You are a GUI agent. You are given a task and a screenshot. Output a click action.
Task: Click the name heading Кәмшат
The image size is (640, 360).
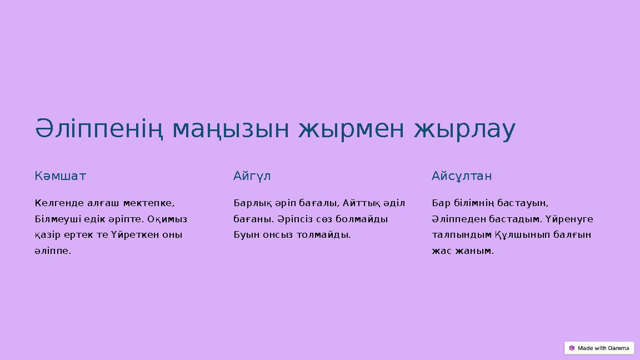[61, 177]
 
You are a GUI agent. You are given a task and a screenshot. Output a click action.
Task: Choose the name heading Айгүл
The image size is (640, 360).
[252, 177]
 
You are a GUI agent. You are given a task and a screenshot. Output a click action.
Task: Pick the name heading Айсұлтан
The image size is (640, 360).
[462, 177]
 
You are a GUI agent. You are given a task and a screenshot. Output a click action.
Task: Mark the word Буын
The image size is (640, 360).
[244, 234]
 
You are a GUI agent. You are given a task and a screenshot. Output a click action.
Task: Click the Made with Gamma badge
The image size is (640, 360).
[599, 348]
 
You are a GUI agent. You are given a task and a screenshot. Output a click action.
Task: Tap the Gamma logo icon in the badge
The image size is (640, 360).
[572, 348]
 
